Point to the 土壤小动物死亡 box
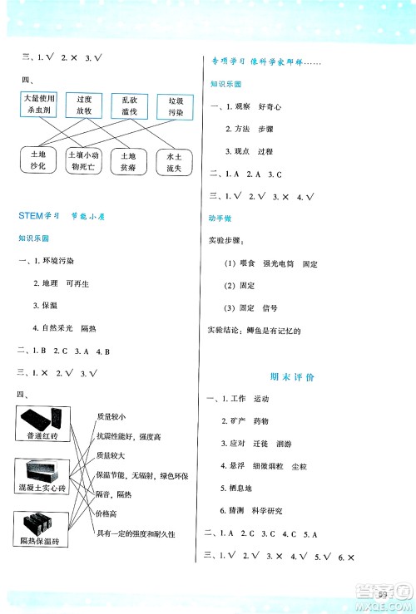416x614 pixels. (x=85, y=160)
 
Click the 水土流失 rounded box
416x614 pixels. (x=174, y=160)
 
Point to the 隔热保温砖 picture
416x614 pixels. (x=42, y=525)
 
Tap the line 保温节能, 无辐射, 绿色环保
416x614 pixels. (x=142, y=476)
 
